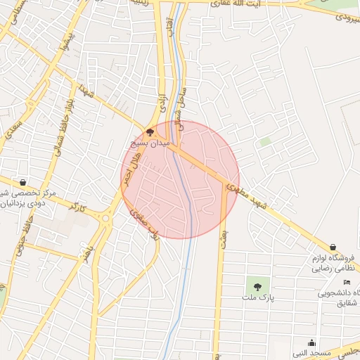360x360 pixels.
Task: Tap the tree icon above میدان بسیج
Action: click(x=150, y=131)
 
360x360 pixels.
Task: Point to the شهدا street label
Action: click(x=86, y=89)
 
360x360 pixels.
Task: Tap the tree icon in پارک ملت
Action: click(x=257, y=286)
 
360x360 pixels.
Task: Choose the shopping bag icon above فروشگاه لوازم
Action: click(x=332, y=247)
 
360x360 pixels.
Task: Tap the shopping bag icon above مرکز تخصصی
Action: click(x=24, y=181)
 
